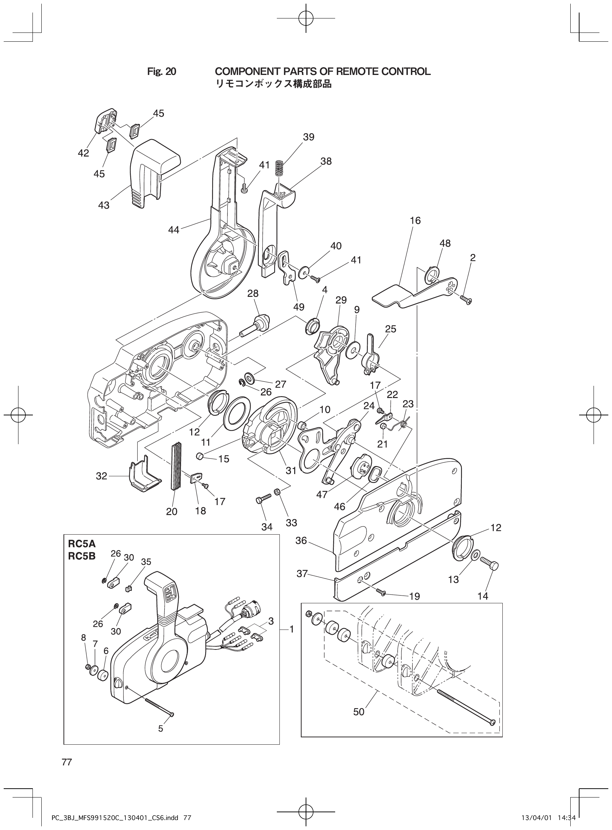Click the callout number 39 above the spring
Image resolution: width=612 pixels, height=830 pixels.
308,137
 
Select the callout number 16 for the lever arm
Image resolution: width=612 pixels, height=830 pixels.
415,220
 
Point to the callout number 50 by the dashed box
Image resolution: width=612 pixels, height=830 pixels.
359,712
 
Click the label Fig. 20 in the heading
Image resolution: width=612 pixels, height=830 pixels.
162,72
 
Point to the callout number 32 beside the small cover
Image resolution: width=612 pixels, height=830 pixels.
102,476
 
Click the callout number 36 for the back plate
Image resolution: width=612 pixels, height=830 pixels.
301,541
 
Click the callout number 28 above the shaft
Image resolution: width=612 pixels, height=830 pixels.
253,293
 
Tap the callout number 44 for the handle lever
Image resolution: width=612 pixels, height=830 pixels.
173,230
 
